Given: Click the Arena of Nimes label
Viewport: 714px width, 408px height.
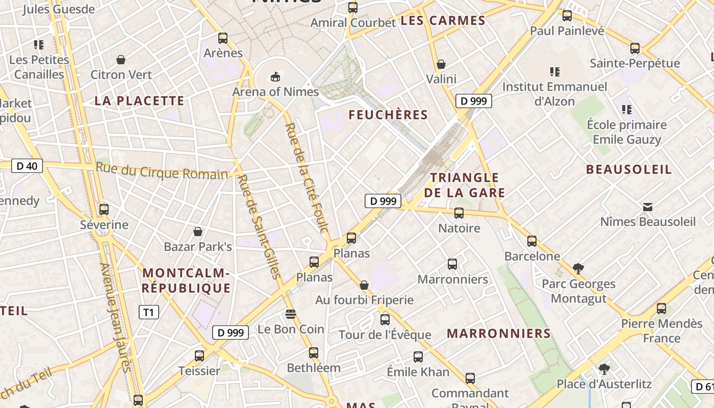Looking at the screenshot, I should [275, 92].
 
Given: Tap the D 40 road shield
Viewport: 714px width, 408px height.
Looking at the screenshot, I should [27, 166].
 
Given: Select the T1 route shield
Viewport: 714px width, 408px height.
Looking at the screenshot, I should [148, 312].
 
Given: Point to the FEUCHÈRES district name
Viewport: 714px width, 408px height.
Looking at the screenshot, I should [388, 115].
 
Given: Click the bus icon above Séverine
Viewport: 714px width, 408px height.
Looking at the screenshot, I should [104, 209].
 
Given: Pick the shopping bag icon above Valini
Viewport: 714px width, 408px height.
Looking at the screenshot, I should [441, 64].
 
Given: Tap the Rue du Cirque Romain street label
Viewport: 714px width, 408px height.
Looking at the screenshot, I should [162, 171].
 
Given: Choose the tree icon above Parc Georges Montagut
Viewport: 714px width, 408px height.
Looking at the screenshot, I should [578, 268].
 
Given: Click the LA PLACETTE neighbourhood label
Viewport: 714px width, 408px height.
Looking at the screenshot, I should [139, 100].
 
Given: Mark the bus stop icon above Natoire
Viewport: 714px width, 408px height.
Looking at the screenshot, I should [459, 213].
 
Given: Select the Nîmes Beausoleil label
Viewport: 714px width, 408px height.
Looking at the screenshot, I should [648, 222].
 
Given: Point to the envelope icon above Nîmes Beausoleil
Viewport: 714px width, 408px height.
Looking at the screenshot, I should [648, 207].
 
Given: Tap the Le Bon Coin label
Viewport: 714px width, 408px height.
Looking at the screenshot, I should [291, 329].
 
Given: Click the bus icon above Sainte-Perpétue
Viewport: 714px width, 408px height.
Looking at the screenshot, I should [635, 48].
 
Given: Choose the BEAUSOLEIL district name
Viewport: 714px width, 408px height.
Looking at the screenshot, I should [629, 169].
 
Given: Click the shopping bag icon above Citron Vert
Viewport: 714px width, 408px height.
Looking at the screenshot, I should [121, 60].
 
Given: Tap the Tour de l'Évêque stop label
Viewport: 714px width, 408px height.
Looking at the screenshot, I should [385, 335].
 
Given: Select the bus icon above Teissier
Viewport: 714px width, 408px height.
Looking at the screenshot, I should [199, 355].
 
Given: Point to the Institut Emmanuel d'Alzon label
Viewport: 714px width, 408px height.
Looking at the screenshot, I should [555, 94].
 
